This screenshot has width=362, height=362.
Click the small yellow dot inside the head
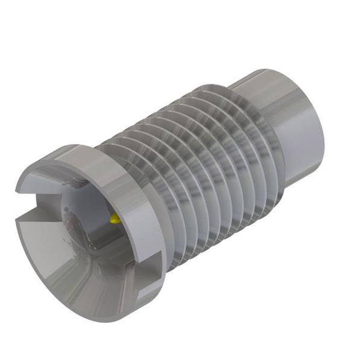coord(115,218)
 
